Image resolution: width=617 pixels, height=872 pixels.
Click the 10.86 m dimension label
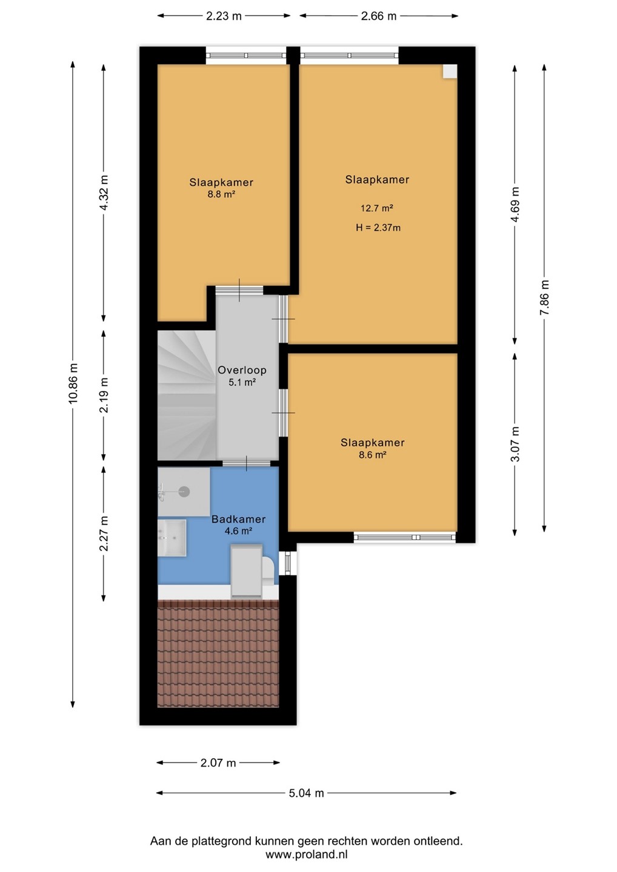pos(73,383)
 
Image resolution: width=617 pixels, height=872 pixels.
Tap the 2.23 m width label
pos(224,16)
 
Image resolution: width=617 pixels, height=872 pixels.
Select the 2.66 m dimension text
pos(379,16)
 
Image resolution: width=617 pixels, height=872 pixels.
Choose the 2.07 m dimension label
pos(218,762)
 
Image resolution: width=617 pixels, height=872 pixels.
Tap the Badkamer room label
pos(238,519)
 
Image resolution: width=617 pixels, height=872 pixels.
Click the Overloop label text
pos(242,370)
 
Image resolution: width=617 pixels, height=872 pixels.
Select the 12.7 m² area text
pos(376,208)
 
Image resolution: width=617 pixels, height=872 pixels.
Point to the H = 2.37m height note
pos(378,228)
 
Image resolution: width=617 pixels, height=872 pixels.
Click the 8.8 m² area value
pos(221,194)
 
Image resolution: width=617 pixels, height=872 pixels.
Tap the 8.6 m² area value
pos(372,454)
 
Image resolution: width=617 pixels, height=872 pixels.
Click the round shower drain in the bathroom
pos(184,492)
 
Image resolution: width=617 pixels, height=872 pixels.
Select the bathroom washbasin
pos(172,538)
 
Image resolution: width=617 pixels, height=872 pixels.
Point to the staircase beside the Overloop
pos(187,395)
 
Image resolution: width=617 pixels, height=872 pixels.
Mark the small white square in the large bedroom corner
pos(450,71)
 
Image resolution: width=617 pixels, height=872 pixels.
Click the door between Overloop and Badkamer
pos(247,463)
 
